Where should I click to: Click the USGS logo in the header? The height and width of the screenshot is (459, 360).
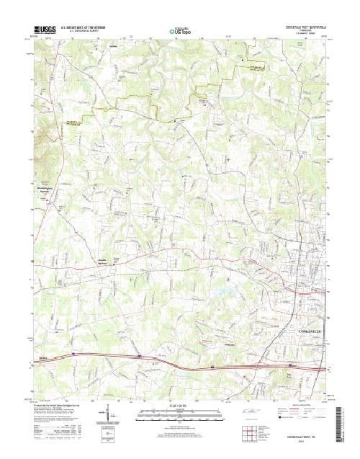coord(43,30)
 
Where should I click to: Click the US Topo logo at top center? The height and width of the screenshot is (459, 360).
coord(180,31)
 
